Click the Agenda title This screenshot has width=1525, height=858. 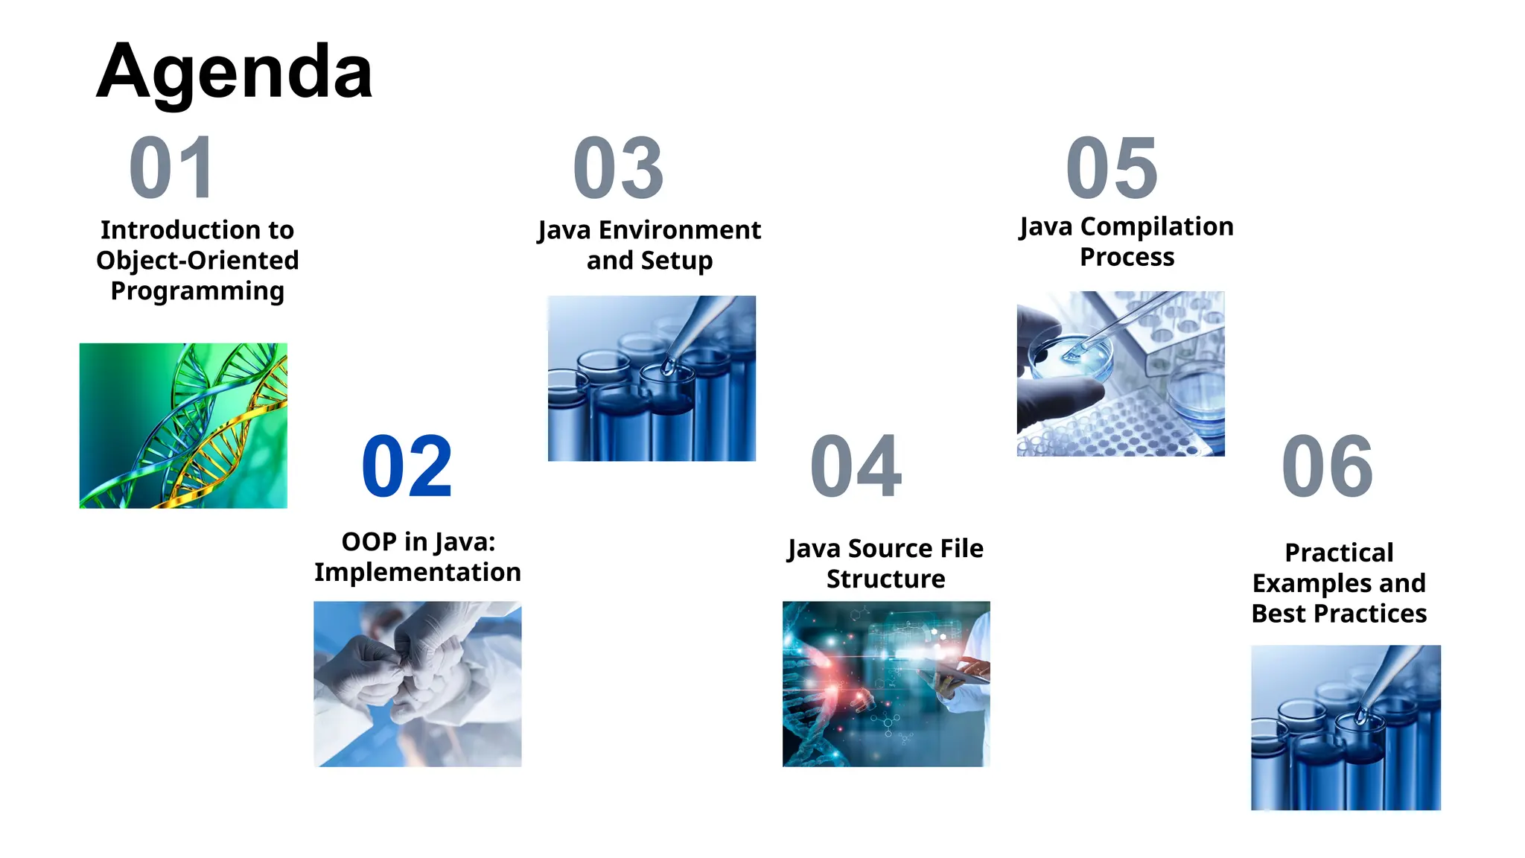pos(235,73)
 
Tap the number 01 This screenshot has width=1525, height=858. pos(172,168)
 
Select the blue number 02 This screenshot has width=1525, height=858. pos(407,467)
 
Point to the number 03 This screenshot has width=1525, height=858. pos(618,168)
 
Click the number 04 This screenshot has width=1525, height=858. pos(856,467)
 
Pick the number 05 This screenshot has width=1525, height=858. pos(1112,168)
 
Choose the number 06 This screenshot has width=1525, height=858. pos(1328,467)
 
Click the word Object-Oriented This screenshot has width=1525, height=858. pos(197,261)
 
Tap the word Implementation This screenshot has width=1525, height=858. pos(417,572)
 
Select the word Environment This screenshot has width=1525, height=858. pos(679,230)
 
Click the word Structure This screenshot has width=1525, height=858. pos(885,579)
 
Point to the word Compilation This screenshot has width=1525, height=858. pos(1156,226)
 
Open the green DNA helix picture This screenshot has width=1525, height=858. pos(183,426)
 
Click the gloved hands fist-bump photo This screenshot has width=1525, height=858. pos(417,684)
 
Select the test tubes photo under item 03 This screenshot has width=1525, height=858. pos(652,378)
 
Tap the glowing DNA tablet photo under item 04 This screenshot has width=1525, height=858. pos(886,684)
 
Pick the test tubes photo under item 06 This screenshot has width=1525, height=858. pos(1346,728)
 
